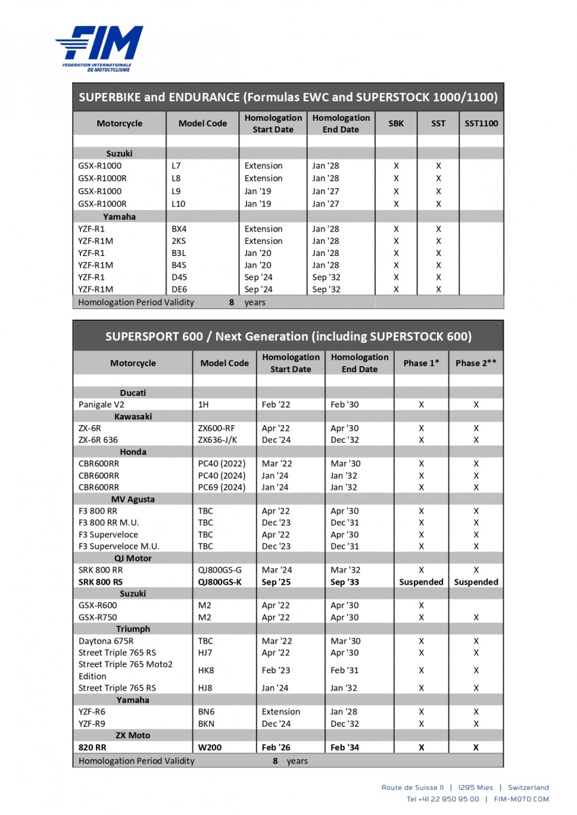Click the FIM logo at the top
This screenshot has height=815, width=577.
click(x=99, y=48)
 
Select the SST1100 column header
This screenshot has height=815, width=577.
click(x=480, y=124)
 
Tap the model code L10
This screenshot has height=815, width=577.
click(x=179, y=204)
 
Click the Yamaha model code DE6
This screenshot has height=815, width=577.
click(x=179, y=289)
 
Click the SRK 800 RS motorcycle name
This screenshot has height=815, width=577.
click(x=101, y=582)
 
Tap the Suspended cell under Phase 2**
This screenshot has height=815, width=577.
click(x=476, y=582)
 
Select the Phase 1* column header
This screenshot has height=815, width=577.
click(x=421, y=363)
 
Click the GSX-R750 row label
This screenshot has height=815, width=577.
click(x=98, y=617)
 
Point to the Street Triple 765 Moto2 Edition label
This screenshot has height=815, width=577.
click(x=126, y=670)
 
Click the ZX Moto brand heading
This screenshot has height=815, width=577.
click(x=133, y=736)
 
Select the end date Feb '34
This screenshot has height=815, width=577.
click(x=345, y=748)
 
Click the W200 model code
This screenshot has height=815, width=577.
click(x=210, y=748)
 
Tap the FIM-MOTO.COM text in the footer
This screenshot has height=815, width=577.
click(x=521, y=799)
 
